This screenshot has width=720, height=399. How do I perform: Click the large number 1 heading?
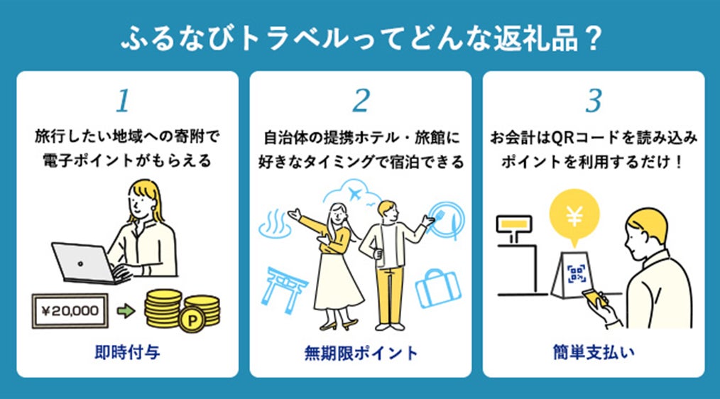point(123,102)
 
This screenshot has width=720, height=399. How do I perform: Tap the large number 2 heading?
point(361,102)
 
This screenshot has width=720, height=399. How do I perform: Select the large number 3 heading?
point(594,102)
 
